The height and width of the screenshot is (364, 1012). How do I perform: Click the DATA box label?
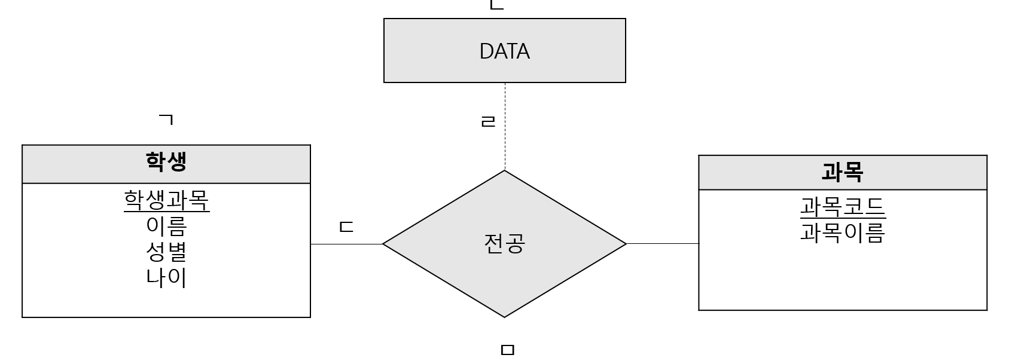504,51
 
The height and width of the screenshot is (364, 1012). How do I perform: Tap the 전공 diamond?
504,244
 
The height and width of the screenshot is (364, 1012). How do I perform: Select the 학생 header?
166,162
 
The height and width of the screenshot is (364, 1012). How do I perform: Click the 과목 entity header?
842,173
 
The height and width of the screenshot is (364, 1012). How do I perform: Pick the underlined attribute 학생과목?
166,201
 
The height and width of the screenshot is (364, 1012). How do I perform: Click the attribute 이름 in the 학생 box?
166,227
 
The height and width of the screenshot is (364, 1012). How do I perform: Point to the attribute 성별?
166,252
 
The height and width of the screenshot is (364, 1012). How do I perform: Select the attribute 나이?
166,277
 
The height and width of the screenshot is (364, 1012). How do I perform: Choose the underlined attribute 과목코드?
842,207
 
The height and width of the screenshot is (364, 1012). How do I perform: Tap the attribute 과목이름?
842,233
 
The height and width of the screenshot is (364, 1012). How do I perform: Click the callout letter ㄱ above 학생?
166,120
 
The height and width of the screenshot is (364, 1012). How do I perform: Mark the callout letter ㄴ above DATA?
496,5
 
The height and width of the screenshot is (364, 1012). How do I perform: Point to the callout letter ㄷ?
346,227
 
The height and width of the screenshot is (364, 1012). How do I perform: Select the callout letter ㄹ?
488,121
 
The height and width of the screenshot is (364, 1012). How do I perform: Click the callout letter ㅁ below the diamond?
507,350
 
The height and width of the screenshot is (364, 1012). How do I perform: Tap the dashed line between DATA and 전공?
505,143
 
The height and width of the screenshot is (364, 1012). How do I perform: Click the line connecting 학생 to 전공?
346,244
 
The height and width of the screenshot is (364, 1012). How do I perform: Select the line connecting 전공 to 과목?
662,244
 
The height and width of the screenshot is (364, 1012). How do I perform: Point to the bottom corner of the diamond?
504,316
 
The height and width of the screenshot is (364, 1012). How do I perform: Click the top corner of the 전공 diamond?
504,172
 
